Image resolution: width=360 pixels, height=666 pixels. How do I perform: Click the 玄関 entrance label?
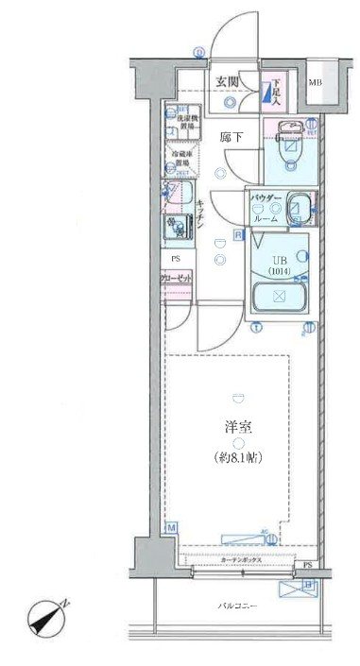click(x=224, y=81)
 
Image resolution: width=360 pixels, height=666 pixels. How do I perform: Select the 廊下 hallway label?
click(x=231, y=137)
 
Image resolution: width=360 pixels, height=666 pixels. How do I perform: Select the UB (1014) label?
click(x=278, y=264)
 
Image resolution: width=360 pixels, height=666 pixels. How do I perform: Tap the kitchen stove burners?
click(x=177, y=228)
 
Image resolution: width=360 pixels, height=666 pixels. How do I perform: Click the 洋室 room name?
click(x=240, y=427)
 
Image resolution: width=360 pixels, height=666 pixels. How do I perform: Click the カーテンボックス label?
click(x=242, y=560)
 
